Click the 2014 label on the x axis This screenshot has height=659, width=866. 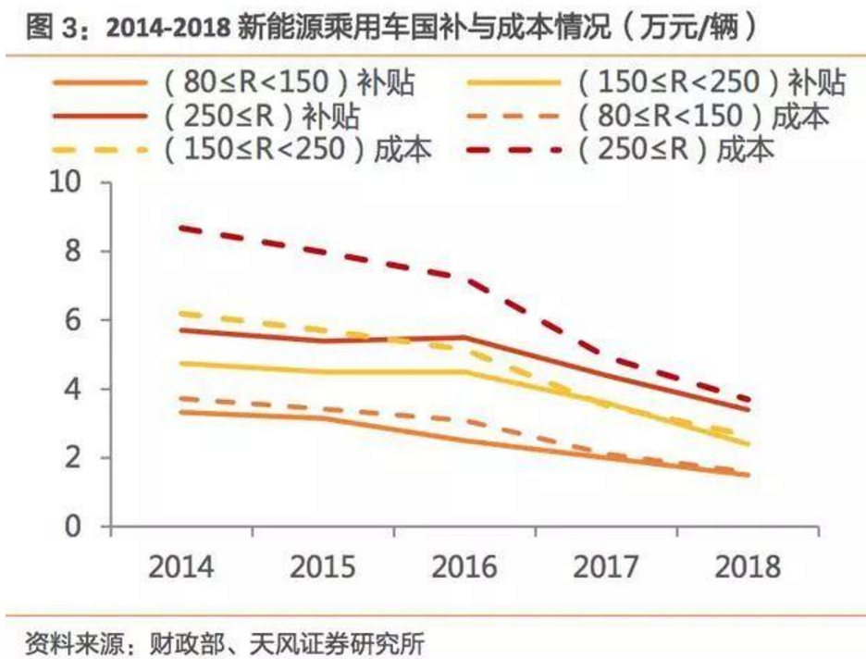click(182, 566)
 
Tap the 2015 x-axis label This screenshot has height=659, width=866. click(323, 566)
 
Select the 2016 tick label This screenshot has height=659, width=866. click(464, 566)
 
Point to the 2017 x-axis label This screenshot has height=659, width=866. click(605, 566)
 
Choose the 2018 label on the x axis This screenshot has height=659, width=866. click(747, 566)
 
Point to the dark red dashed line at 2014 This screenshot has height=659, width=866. click(182, 228)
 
